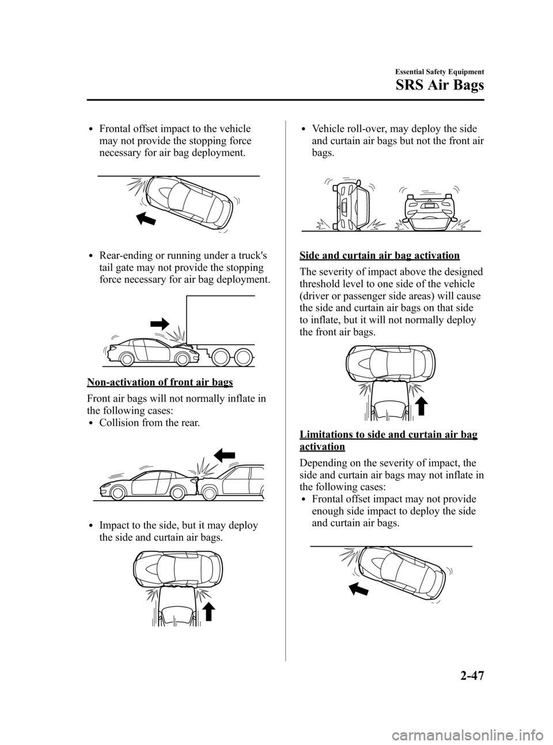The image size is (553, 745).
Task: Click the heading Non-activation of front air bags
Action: (x=160, y=381)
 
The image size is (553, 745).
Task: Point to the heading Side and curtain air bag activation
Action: (x=378, y=255)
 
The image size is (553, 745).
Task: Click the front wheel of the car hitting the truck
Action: (x=183, y=358)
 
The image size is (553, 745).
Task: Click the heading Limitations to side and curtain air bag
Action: (x=387, y=435)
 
